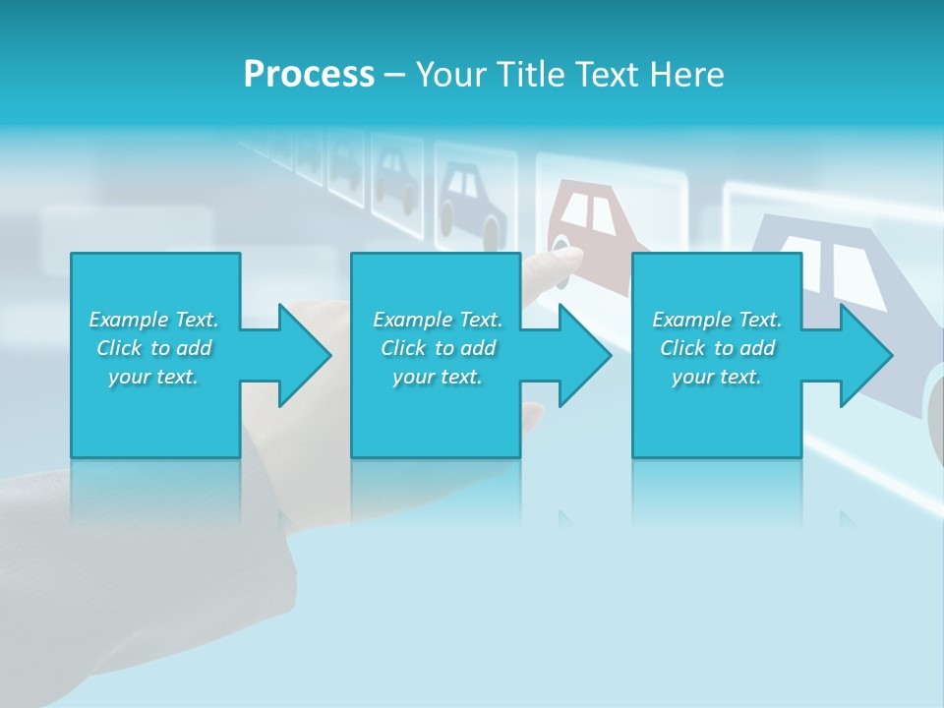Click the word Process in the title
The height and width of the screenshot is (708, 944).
click(x=309, y=75)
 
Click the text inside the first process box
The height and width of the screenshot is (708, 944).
click(x=153, y=348)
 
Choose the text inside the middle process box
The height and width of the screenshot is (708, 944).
click(x=437, y=348)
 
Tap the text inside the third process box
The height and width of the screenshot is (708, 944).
click(x=716, y=348)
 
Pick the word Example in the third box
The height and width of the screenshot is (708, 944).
click(x=691, y=320)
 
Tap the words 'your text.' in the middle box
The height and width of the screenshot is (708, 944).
click(x=437, y=377)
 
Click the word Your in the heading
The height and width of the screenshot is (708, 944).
click(x=451, y=75)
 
